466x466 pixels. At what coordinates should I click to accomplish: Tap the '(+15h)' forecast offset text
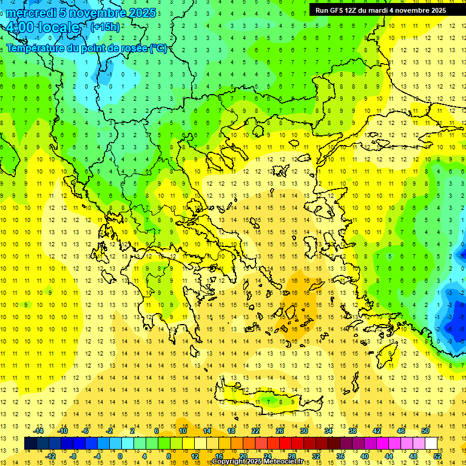coord(105,27)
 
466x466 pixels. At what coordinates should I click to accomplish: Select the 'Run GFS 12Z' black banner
coord(380,10)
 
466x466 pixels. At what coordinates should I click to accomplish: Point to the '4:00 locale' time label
coord(42,27)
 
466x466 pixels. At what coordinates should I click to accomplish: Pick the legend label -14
coord(39,431)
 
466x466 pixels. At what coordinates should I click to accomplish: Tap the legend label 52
coord(436,456)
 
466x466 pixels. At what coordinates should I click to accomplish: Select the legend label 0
coord(120,456)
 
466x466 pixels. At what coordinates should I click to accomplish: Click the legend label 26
coord(280,431)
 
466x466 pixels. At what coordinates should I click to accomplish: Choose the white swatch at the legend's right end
coord(431,444)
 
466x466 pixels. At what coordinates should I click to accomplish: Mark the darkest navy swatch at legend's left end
coord(31,444)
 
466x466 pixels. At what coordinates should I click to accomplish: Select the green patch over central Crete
coord(272,400)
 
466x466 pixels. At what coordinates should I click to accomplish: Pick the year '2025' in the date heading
coord(140,13)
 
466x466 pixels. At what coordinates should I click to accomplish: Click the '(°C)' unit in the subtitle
coord(158,48)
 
